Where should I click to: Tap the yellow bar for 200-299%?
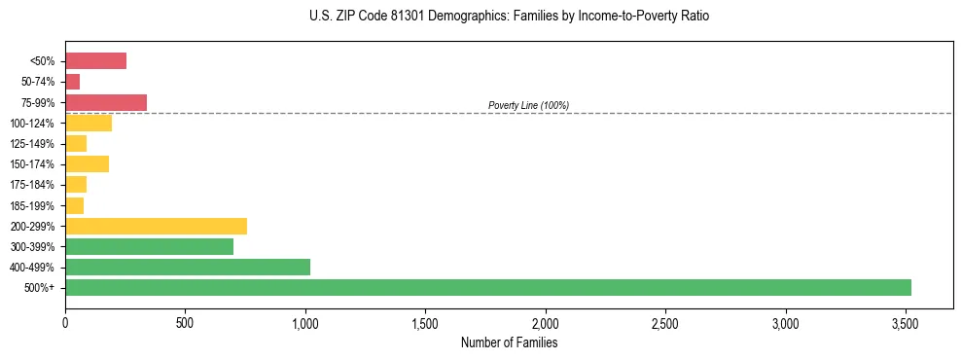[x=156, y=226]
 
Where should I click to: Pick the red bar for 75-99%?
[x=106, y=102]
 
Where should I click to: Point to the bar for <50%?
[x=95, y=61]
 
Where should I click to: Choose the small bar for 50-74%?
[x=73, y=82]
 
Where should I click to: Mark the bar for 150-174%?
[x=87, y=163]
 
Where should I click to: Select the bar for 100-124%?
[x=89, y=123]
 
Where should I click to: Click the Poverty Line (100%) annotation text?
[x=528, y=105]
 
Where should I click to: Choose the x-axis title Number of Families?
[x=509, y=342]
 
